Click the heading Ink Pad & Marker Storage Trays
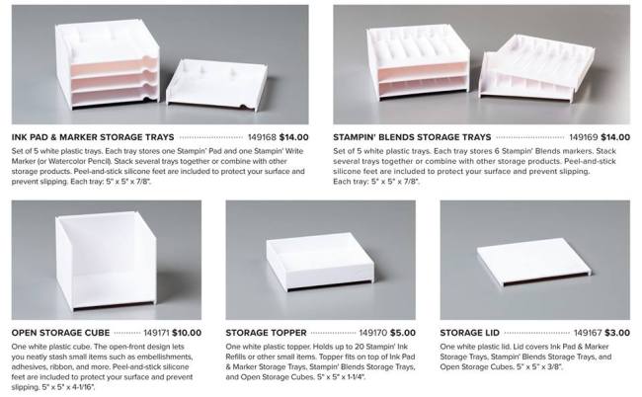[x=93, y=137]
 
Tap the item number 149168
[x=262, y=137]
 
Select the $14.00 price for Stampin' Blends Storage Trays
[x=615, y=137]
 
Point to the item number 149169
[x=583, y=137]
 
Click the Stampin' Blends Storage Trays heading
[x=412, y=137]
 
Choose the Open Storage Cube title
[x=60, y=333]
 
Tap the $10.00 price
[x=187, y=333]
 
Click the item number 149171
[x=156, y=333]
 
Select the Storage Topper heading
[x=266, y=333]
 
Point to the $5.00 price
[x=403, y=333]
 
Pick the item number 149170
[x=373, y=333]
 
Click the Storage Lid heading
[x=469, y=333]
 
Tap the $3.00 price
[x=617, y=333]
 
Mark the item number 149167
[x=588, y=333]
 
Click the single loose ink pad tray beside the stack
[x=216, y=85]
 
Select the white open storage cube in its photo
[x=106, y=260]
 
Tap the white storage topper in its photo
[x=320, y=262]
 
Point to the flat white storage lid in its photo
[x=534, y=265]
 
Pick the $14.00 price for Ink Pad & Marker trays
[x=294, y=137]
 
